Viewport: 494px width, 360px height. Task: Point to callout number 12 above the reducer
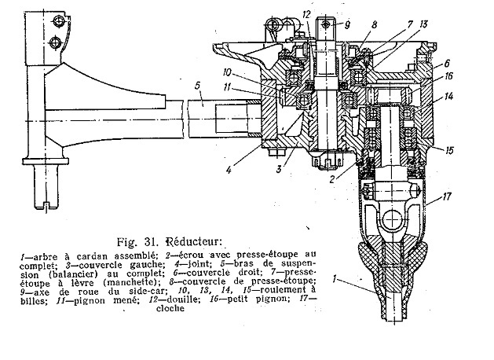click(306, 15)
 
